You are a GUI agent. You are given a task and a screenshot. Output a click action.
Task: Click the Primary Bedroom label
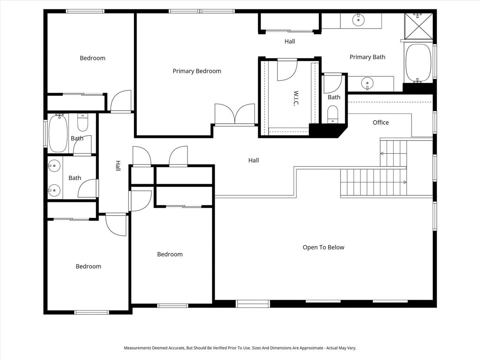(196, 71)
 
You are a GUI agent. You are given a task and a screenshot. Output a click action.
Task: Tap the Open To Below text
(323, 247)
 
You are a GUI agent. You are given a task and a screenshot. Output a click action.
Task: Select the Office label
(380, 122)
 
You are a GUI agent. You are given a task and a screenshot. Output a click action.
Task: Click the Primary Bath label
(367, 57)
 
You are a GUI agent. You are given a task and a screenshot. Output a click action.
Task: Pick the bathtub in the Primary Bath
(418, 63)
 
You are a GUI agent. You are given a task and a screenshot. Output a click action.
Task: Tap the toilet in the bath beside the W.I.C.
(332, 113)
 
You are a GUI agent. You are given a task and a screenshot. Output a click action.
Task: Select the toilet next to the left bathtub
(82, 122)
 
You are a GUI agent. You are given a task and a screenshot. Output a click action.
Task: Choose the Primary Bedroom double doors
(235, 114)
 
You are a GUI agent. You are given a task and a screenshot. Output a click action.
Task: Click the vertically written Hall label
(118, 166)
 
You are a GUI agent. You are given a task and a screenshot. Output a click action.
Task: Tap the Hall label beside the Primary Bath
(290, 42)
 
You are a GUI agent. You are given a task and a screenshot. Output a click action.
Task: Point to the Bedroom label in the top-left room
(92, 58)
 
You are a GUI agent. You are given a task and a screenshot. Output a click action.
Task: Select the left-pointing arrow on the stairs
(382, 154)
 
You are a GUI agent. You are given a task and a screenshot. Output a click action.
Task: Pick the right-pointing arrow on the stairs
(405, 182)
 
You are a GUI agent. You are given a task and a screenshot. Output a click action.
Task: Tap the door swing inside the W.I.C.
(286, 70)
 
